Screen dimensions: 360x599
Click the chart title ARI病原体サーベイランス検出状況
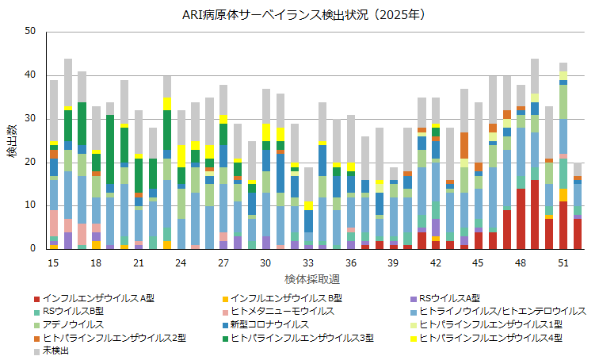pyautogui.click(x=299, y=14)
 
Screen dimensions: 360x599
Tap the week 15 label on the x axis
pyautogui.click(x=54, y=262)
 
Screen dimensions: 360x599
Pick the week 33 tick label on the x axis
pyautogui.click(x=308, y=262)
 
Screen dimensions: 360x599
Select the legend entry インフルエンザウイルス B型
pyautogui.click(x=286, y=298)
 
